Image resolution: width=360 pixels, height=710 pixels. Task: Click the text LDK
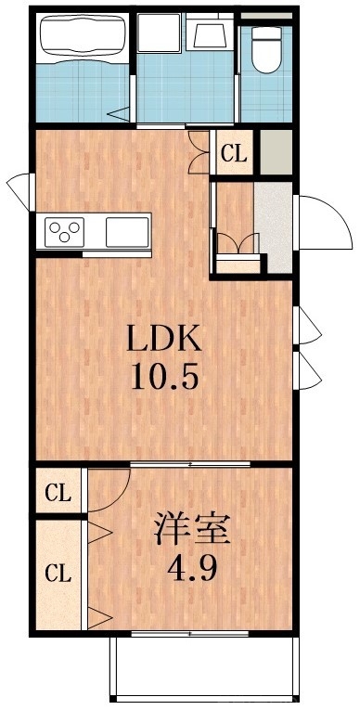[x=164, y=339]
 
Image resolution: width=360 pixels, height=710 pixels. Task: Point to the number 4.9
[x=192, y=568]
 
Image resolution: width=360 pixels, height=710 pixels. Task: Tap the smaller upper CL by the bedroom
[x=58, y=493]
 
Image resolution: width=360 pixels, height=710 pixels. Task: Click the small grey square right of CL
[x=274, y=152]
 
